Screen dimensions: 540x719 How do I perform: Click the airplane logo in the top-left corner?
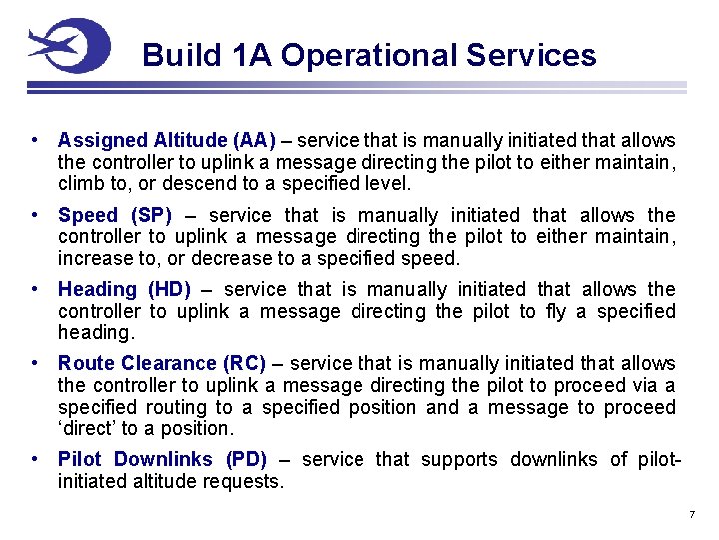[x=68, y=45]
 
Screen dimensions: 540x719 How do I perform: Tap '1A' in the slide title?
[x=249, y=55]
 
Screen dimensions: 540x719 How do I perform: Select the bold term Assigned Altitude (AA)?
[x=166, y=140]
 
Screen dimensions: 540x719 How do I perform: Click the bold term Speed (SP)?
[x=115, y=215]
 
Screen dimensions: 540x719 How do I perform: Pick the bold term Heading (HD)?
[x=124, y=289]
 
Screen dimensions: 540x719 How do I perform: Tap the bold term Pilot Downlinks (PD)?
[x=162, y=459]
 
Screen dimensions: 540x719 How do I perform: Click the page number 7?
[x=691, y=515]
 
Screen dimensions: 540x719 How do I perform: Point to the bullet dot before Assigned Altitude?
[x=35, y=140]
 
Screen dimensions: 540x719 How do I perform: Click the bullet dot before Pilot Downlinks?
[x=35, y=459]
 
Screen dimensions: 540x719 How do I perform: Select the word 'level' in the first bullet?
[x=388, y=184]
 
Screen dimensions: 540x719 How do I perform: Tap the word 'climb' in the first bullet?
[x=82, y=184]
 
